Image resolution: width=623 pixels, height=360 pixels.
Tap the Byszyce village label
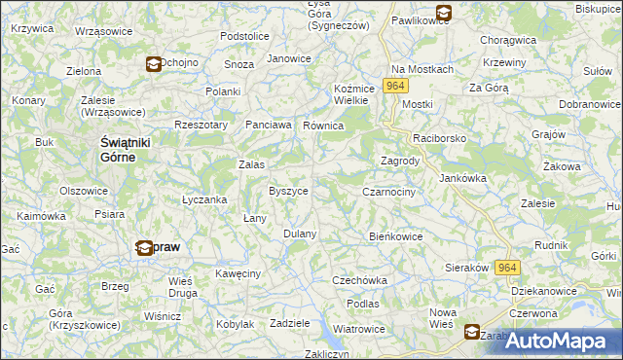tap(289, 192)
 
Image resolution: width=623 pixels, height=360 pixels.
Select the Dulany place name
tap(300, 234)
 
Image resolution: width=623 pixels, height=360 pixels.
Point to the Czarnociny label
tap(388, 193)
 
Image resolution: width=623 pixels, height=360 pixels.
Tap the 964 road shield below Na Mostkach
tap(394, 87)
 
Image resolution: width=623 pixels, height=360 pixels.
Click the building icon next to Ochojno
tap(154, 64)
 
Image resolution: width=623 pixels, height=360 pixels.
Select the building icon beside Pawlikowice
tap(444, 14)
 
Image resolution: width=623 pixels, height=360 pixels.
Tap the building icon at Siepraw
tap(144, 248)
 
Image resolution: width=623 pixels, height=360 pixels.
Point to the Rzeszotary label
tap(201, 125)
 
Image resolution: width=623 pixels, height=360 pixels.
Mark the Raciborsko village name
tap(440, 139)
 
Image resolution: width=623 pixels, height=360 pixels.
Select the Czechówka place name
tap(359, 280)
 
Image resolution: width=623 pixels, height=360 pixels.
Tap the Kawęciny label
tap(238, 274)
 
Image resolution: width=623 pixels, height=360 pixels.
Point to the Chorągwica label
tap(508, 41)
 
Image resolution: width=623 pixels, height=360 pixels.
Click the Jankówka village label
tap(462, 179)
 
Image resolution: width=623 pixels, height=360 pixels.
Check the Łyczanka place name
tap(204, 199)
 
